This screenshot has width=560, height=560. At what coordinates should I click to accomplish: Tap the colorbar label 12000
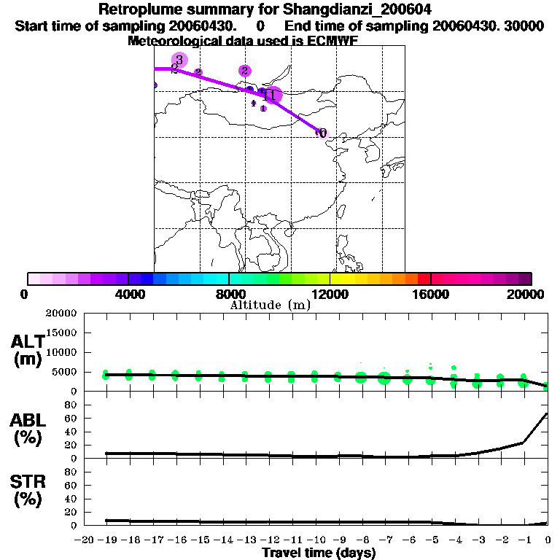tap(330, 294)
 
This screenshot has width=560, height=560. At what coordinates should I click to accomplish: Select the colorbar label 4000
tap(128, 294)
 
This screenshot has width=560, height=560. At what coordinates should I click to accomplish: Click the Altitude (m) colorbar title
tap(270, 305)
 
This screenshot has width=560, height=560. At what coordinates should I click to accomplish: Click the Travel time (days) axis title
tap(319, 553)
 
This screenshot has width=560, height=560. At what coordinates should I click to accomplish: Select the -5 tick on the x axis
tap(432, 540)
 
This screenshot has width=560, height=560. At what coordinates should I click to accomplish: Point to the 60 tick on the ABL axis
tap(72, 419)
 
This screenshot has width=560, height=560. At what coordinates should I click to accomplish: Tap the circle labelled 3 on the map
tap(179, 60)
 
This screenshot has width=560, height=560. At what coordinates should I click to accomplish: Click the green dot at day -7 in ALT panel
tap(384, 378)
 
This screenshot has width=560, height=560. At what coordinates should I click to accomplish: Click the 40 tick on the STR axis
tap(72, 499)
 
